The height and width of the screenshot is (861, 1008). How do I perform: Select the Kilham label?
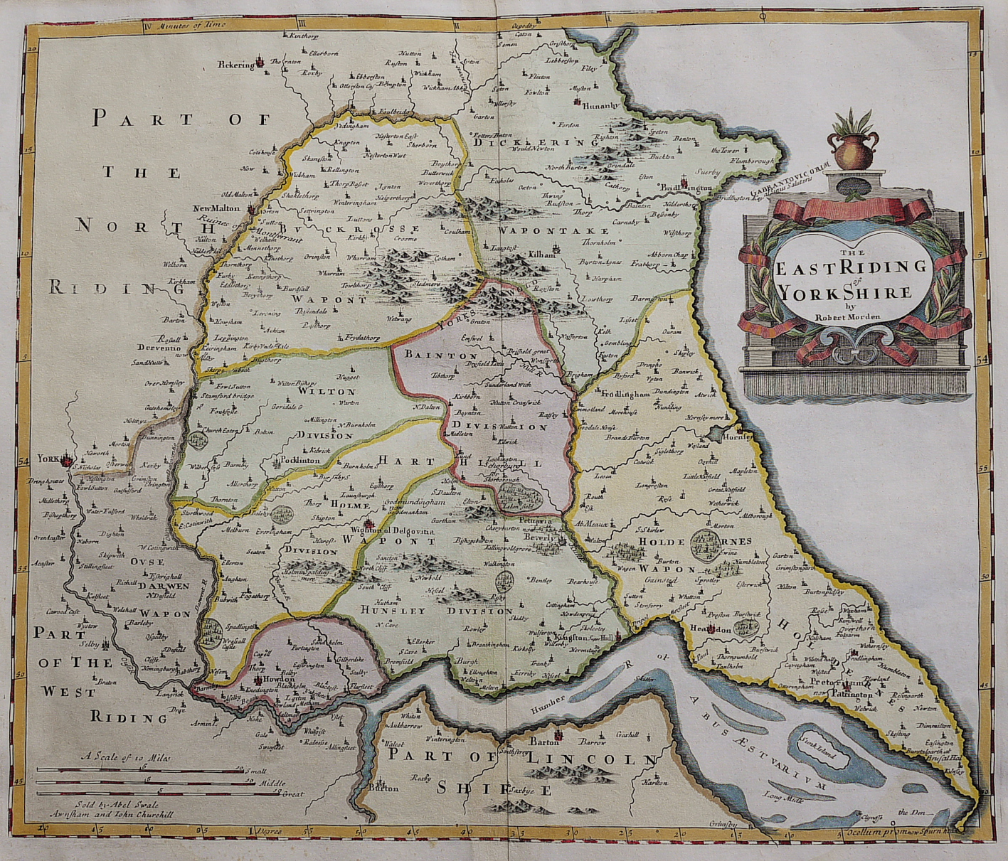tap(541, 253)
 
